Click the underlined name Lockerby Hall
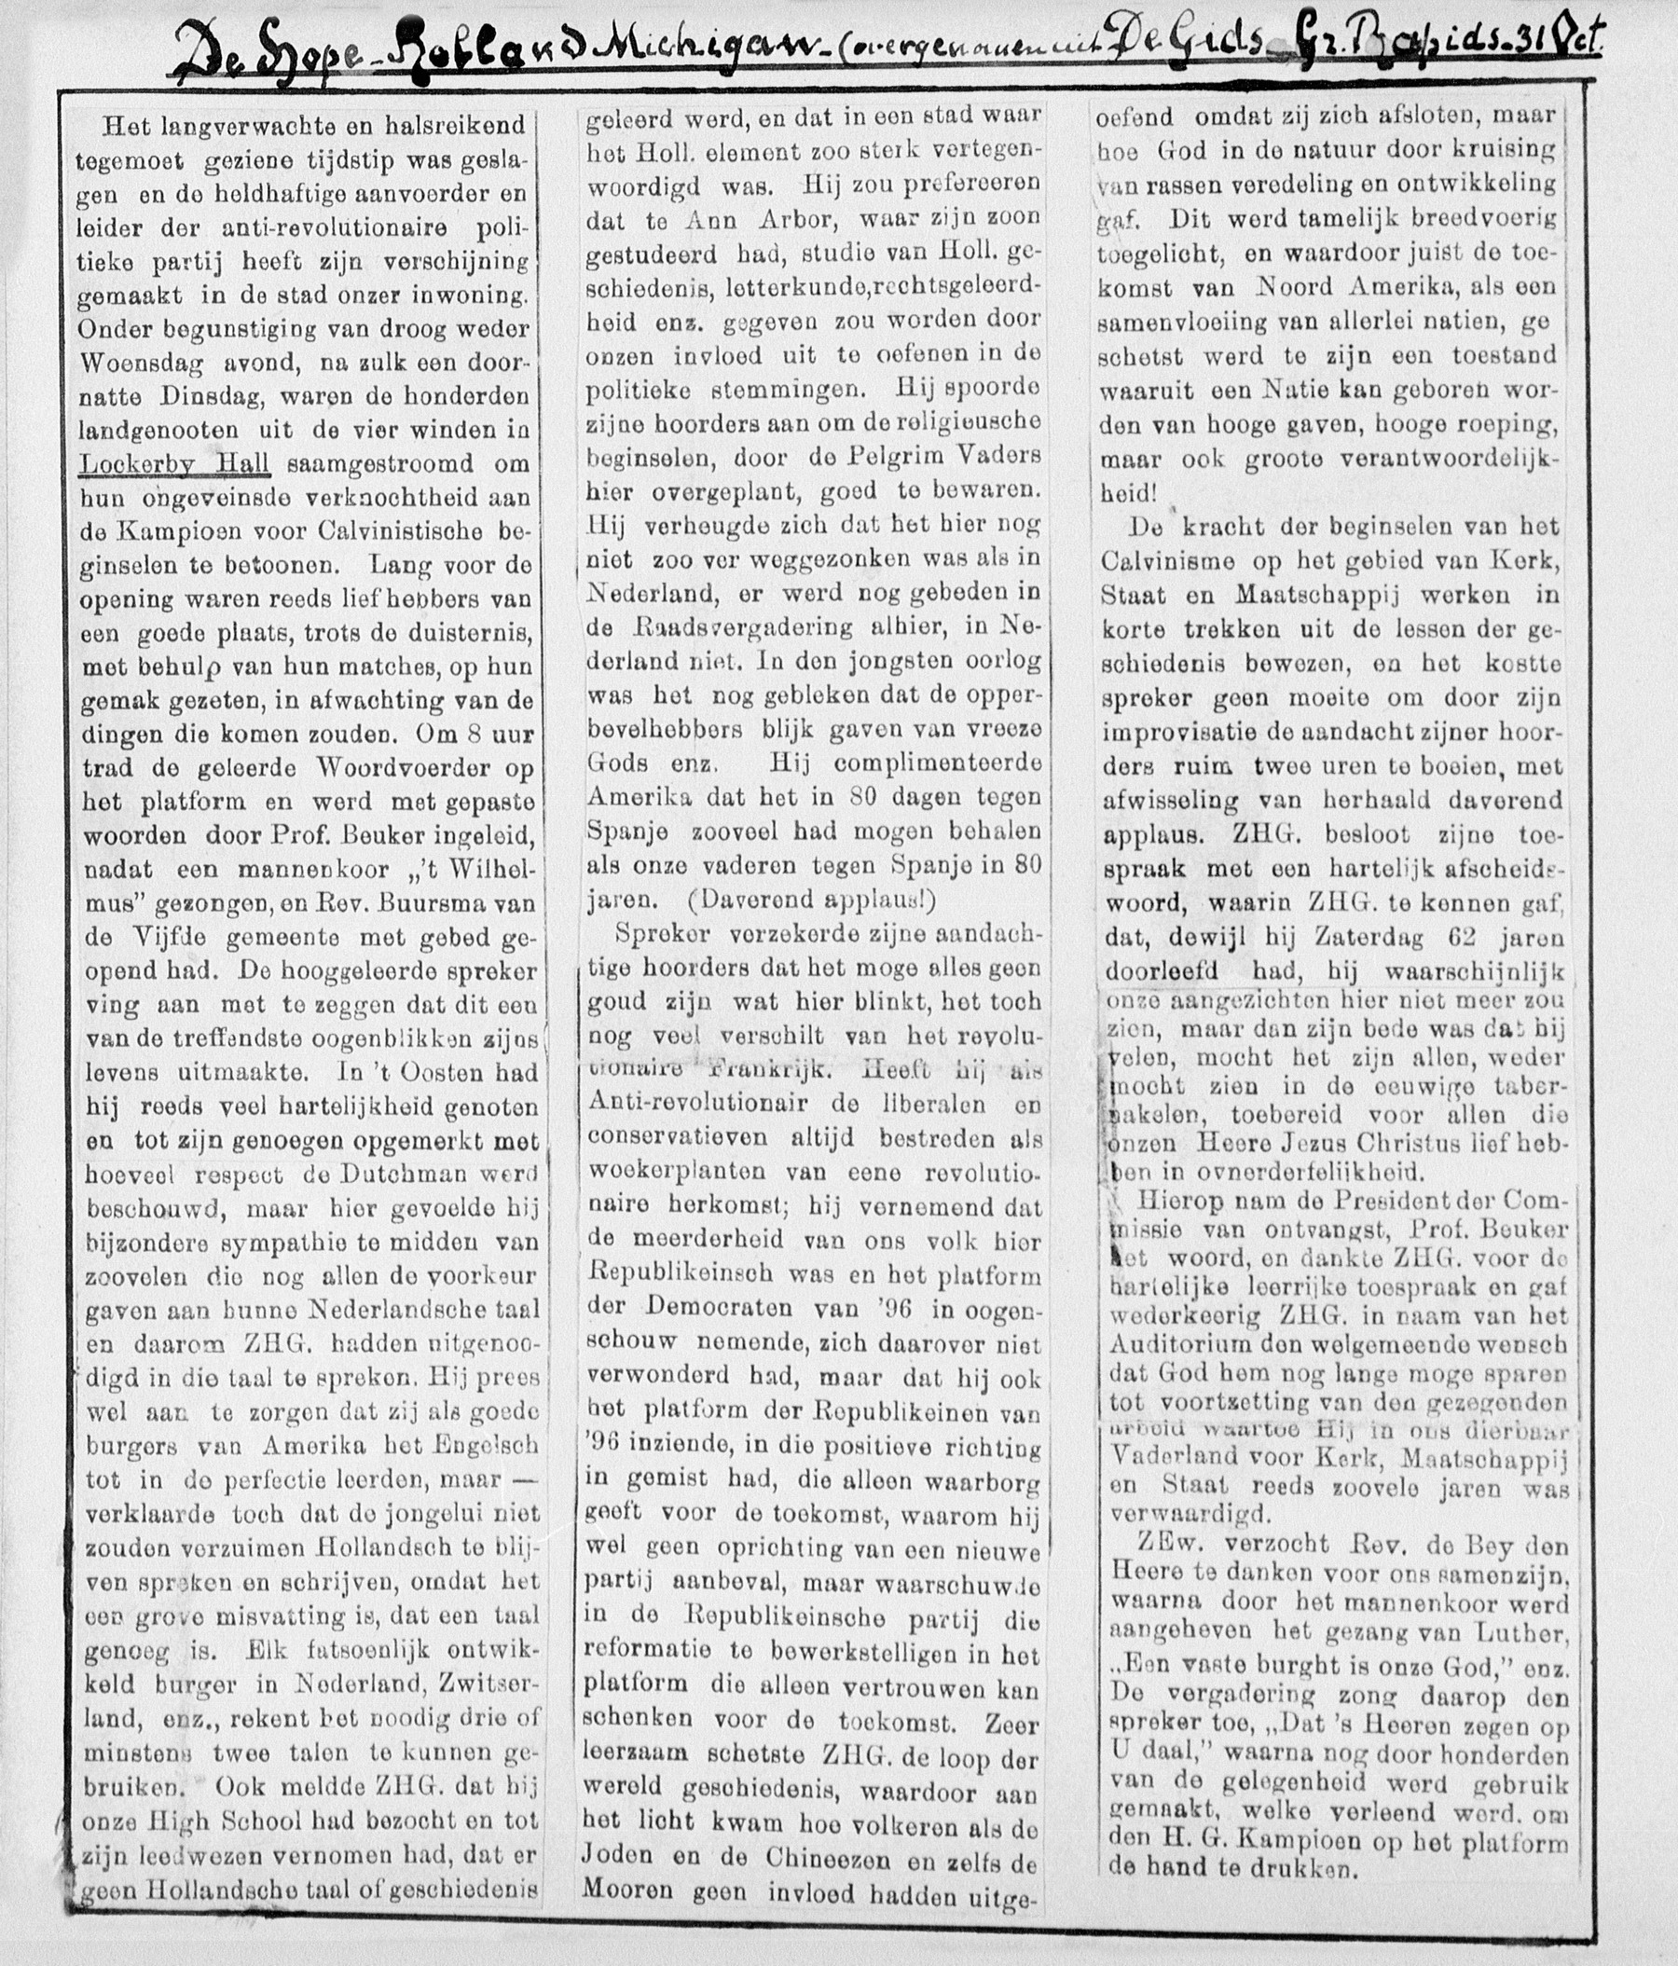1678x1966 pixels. tap(175, 464)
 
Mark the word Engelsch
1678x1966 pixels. tap(484, 1445)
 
